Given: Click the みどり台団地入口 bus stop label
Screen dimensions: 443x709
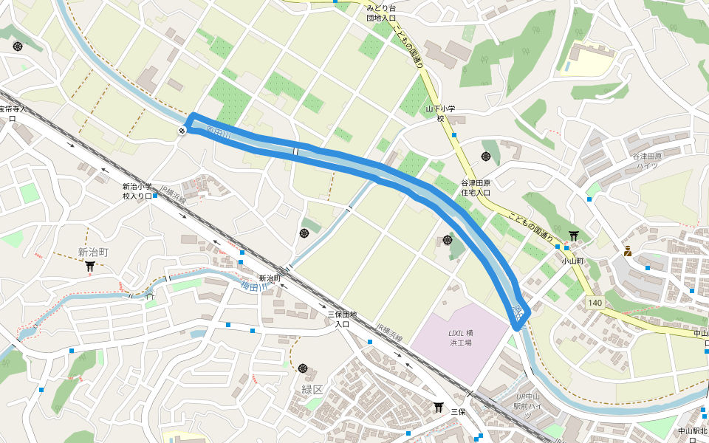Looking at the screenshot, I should [x=382, y=13].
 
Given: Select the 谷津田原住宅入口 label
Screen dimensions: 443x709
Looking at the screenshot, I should [x=476, y=188].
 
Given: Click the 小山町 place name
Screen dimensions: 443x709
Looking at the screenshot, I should [x=572, y=261].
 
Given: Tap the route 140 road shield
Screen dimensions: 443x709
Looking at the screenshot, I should [x=595, y=303].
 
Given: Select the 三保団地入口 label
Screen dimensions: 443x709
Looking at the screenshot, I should [x=342, y=319].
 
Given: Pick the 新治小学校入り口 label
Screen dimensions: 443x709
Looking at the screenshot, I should [x=137, y=191].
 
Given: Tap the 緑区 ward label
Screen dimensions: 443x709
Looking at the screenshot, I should [x=312, y=389].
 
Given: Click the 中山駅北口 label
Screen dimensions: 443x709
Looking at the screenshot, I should [x=693, y=434].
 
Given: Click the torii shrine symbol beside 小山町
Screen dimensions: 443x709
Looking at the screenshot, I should [x=574, y=236].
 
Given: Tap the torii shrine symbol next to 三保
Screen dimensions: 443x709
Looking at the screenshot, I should [x=438, y=406].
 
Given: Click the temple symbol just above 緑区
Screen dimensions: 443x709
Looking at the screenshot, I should [x=303, y=368].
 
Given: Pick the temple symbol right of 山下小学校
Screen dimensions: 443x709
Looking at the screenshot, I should [x=486, y=156].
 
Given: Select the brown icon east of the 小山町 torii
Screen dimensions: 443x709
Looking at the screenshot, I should [x=628, y=251].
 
